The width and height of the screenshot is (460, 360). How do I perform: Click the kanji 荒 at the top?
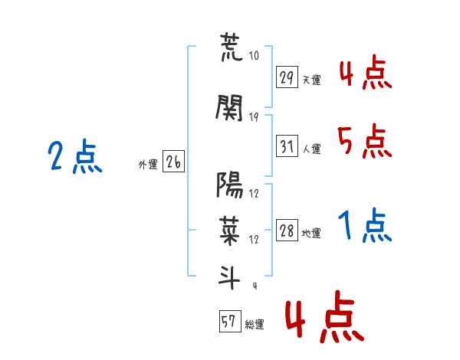[232, 47]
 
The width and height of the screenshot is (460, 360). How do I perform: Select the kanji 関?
[229, 108]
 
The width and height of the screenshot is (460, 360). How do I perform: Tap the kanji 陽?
[229, 185]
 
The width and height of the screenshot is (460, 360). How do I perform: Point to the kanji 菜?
[230, 231]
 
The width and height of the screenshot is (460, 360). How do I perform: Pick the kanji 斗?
[229, 277]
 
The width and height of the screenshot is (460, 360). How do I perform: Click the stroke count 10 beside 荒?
[254, 55]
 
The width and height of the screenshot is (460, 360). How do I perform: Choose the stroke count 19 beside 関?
[254, 117]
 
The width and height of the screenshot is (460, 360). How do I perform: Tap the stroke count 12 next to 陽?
[254, 194]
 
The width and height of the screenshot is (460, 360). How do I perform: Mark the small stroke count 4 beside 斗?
[255, 286]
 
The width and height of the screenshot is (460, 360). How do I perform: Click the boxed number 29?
[287, 77]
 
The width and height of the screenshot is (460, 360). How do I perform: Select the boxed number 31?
[287, 146]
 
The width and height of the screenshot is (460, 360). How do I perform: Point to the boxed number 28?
[287, 230]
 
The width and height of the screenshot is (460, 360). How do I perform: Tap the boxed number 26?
[174, 162]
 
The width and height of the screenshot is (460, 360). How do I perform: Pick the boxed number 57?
[230, 321]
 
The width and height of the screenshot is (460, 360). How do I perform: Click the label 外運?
[148, 165]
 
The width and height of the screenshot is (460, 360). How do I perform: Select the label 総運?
[255, 325]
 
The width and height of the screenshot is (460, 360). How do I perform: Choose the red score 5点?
[364, 141]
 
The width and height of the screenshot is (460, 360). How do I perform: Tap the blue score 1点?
[365, 224]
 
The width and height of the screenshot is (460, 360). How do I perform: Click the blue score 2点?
[75, 156]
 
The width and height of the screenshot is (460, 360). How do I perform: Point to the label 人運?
[312, 149]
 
